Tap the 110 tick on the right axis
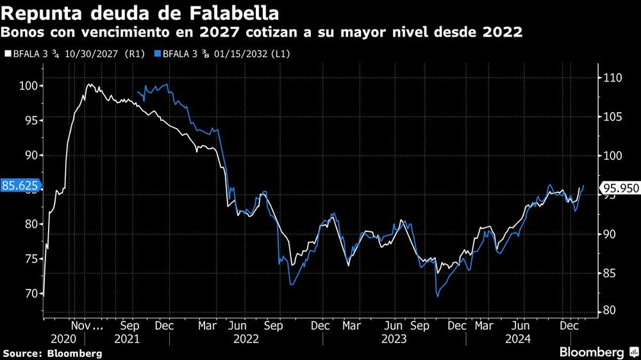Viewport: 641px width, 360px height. point(612,78)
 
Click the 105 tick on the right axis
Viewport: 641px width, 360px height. point(612,117)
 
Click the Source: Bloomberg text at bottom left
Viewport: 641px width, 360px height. point(53,353)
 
